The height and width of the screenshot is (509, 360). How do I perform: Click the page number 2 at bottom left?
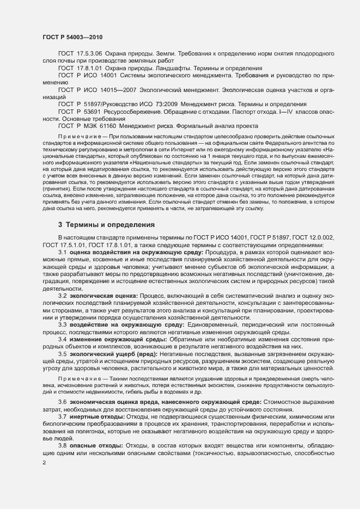44,463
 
